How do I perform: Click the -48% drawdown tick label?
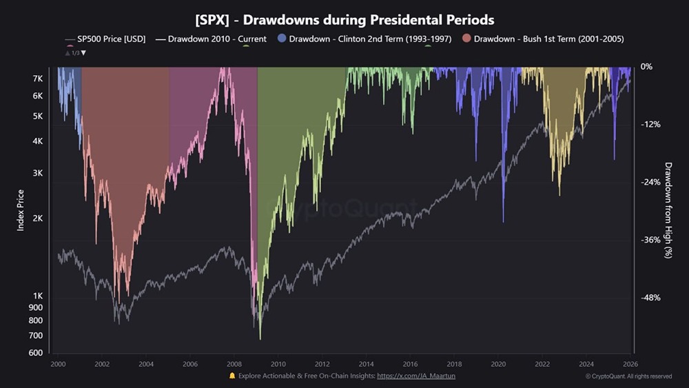tap(650, 298)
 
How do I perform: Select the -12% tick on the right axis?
tap(650, 124)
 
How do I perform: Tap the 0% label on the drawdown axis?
tap(646, 67)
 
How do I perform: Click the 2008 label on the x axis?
tap(234, 364)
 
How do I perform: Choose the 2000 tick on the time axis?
tap(58, 364)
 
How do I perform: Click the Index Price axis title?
tap(21, 210)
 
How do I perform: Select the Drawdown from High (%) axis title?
tap(668, 210)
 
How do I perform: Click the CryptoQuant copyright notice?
tap(628, 376)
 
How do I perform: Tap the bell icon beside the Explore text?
tap(232, 376)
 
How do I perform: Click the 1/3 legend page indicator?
tap(76, 52)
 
